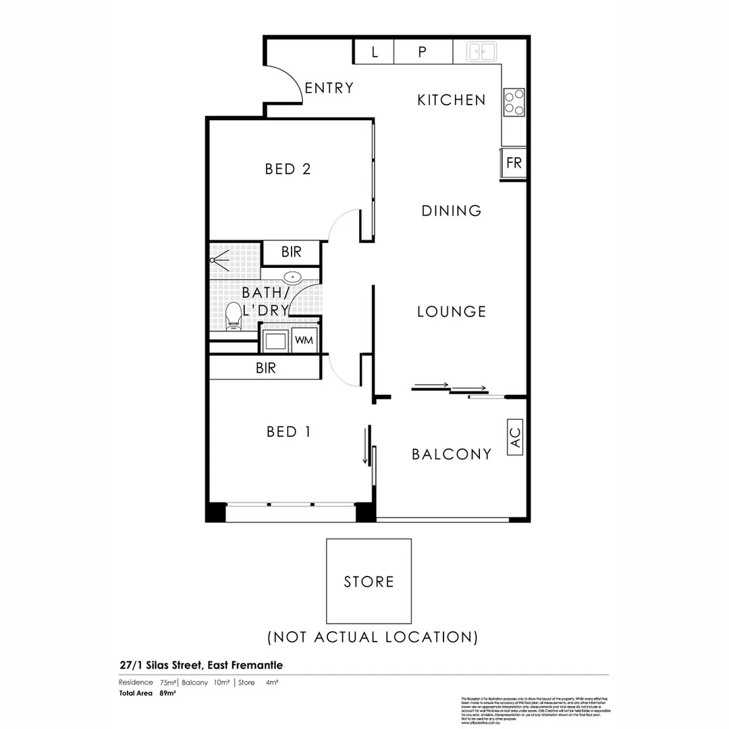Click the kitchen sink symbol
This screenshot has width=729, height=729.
tap(483, 51)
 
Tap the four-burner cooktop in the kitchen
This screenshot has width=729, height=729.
tap(514, 103)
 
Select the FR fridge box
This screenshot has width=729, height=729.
tap(514, 163)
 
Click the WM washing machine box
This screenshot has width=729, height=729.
tap(304, 340)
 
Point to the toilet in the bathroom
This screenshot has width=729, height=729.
tap(234, 315)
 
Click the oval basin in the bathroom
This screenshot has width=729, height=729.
tap(293, 277)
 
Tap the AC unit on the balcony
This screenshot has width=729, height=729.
tap(514, 437)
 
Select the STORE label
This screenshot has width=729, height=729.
tap(369, 582)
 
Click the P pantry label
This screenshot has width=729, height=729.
tap(423, 52)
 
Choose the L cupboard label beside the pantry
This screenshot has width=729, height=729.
tap(375, 52)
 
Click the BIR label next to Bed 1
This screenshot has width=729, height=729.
tap(265, 369)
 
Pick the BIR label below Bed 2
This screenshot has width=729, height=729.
tap(291, 252)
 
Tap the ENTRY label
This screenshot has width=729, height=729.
tap(329, 88)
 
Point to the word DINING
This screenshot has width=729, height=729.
tap(451, 211)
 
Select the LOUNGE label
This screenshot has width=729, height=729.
tap(451, 312)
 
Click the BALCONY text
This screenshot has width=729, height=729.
tap(451, 454)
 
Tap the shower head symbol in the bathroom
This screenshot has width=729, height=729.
tap(217, 258)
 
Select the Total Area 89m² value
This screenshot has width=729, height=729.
tap(167, 693)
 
